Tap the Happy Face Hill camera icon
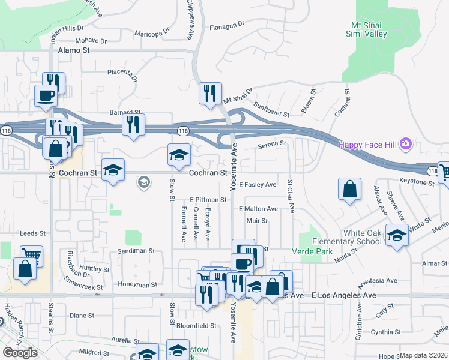[406, 144]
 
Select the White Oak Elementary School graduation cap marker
[397, 236]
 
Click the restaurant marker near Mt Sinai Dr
[209, 94]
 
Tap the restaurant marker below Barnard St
[133, 125]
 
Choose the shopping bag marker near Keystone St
[349, 190]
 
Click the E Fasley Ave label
[258, 185]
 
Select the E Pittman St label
[208, 199]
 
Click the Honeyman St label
[137, 285]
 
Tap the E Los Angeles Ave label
[343, 296]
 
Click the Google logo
[20, 353]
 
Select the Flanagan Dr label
[227, 26]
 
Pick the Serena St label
[271, 144]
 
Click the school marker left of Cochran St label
[112, 170]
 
